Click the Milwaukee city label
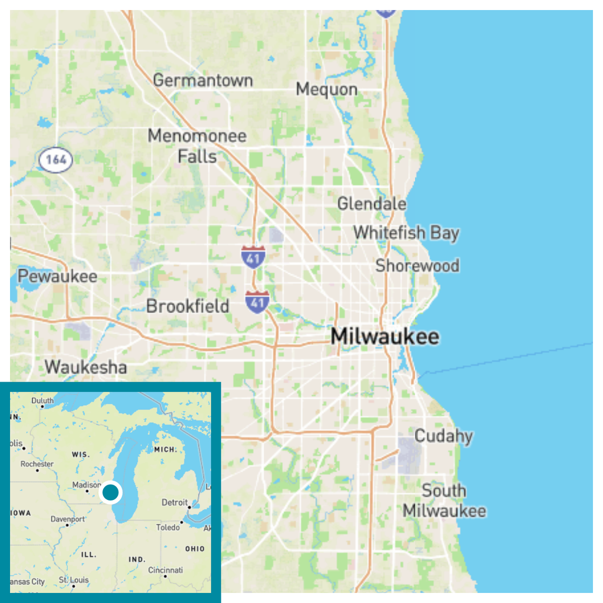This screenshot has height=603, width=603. click(x=385, y=337)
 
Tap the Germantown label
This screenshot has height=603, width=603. click(x=203, y=80)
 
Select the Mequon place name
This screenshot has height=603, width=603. click(x=326, y=90)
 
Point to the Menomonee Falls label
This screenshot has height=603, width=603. click(x=197, y=146)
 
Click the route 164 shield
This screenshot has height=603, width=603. click(x=56, y=160)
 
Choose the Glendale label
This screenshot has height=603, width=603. click(x=372, y=204)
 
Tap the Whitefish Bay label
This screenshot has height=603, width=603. click(x=406, y=233)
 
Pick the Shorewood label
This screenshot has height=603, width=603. click(x=418, y=266)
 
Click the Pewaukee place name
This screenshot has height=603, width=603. click(x=57, y=276)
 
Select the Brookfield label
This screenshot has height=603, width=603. click(x=187, y=306)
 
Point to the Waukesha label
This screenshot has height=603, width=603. click(x=85, y=367)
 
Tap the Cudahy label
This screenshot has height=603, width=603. click(x=443, y=436)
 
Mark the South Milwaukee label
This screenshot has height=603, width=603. click(x=444, y=501)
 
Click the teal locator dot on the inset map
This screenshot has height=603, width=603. click(x=111, y=492)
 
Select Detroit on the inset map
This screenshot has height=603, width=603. click(x=174, y=503)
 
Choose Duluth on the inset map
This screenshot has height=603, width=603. click(x=42, y=401)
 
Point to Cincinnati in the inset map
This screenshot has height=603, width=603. click(x=165, y=570)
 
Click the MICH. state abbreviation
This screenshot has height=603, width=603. click(x=165, y=449)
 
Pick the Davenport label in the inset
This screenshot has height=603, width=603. click(x=68, y=519)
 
